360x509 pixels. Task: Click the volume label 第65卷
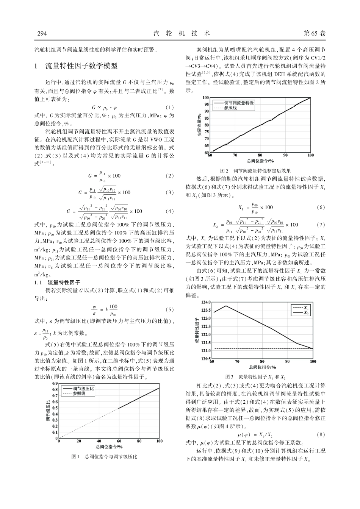tap(315, 33)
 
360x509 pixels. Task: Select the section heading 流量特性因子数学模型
tap(81, 66)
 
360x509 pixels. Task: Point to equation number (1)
tap(169, 107)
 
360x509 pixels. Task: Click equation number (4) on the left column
tap(169, 211)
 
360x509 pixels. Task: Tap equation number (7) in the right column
tap(321, 225)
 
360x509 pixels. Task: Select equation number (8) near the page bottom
tap(321, 435)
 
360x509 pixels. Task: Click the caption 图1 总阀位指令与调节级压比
tap(104, 457)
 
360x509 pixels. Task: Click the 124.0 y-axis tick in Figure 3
tap(205, 302)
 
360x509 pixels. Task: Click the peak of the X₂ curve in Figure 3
tap(226, 306)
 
